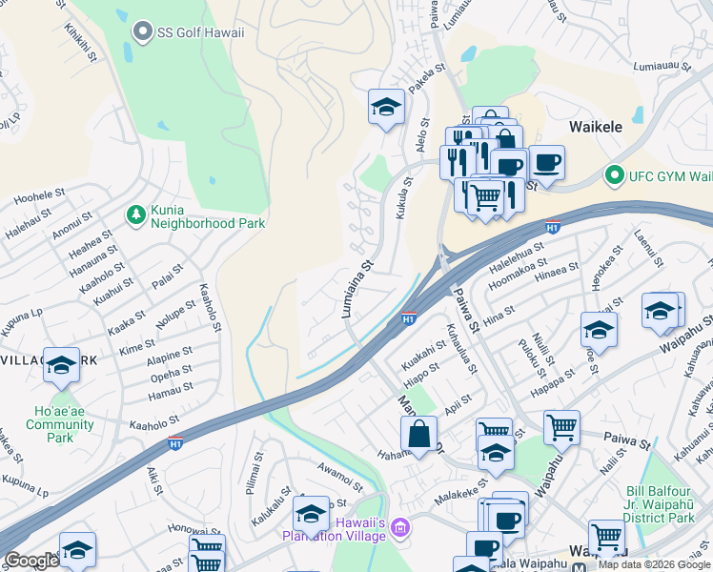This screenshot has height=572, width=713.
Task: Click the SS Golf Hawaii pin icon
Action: (143, 32)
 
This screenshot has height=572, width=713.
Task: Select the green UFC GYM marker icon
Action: (615, 175)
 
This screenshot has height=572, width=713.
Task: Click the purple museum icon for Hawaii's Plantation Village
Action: (400, 527)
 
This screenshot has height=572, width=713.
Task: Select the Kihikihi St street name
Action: (82, 43)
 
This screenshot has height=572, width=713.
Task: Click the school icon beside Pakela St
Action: (386, 107)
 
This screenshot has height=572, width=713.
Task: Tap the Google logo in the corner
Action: (31, 561)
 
